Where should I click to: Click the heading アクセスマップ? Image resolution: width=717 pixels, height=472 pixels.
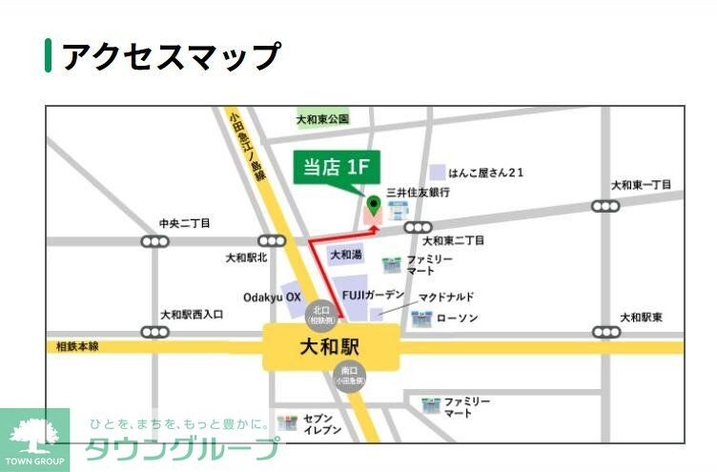(171, 56)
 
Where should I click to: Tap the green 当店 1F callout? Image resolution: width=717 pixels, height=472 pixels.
(336, 169)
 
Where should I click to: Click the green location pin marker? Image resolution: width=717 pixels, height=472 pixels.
(374, 204)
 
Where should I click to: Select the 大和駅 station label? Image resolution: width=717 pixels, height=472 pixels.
(331, 346)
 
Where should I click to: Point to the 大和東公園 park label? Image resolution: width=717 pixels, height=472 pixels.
(322, 119)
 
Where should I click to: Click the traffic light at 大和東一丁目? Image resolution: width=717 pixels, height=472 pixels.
(605, 206)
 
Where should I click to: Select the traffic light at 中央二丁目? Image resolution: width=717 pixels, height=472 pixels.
(154, 242)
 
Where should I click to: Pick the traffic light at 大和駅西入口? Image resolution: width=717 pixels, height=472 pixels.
(154, 332)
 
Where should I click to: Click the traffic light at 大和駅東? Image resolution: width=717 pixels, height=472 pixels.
(605, 333)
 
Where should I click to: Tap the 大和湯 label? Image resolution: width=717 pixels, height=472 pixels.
(344, 256)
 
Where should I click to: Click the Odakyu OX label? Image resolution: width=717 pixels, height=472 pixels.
(272, 298)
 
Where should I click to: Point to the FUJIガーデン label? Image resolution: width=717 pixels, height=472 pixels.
(374, 295)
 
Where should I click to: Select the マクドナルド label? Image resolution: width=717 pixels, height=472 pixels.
(445, 298)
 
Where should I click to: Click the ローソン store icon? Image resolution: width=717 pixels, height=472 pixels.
(420, 318)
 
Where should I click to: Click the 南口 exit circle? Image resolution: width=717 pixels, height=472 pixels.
(348, 375)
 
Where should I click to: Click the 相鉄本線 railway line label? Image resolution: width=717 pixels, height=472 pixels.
(72, 347)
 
